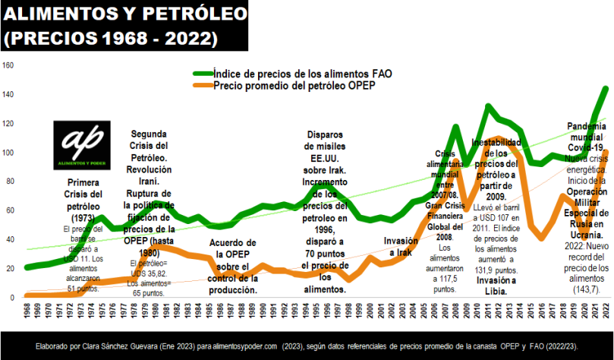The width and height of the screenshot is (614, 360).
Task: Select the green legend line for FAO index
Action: [x=200, y=74]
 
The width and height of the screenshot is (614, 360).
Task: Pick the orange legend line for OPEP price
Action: [x=200, y=87]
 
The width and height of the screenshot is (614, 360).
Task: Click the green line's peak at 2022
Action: [x=606, y=89]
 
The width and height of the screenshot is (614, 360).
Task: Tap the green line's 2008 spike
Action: [x=456, y=127]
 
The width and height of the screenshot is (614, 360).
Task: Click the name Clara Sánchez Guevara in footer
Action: [x=118, y=346]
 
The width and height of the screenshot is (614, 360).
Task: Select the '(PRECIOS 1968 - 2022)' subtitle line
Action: [x=111, y=37]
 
